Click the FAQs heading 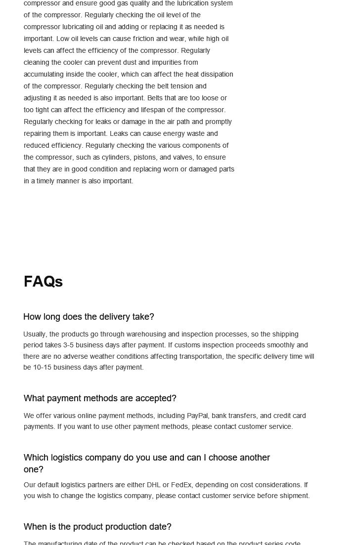[43, 282]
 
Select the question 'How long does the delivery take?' [89, 317]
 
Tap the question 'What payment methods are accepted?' [100, 398]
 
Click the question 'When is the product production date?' [97, 527]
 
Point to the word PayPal [197, 416]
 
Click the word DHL [154, 485]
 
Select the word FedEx [181, 485]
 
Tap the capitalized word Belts [156, 98]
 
